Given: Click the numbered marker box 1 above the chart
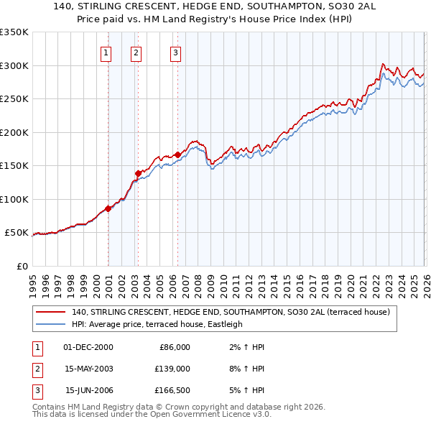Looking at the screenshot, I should click(106, 52).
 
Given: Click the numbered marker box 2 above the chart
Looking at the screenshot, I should click(136, 52).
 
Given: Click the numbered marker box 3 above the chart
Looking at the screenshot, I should click(175, 52).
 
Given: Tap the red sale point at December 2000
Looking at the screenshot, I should click(108, 208).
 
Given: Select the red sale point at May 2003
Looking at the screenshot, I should click(138, 173).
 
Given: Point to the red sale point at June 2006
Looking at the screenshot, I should click(177, 155).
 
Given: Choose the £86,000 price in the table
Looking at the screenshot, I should click(172, 347).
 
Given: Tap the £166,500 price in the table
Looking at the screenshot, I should click(171, 390).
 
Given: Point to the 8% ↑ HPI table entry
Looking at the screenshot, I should click(249, 369).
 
